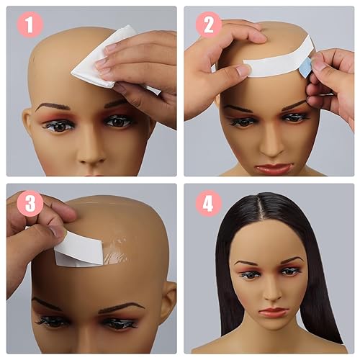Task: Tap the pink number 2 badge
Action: point(208,24)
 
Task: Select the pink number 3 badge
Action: point(30,204)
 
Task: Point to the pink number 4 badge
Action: point(208,204)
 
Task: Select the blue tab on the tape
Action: point(305,68)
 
